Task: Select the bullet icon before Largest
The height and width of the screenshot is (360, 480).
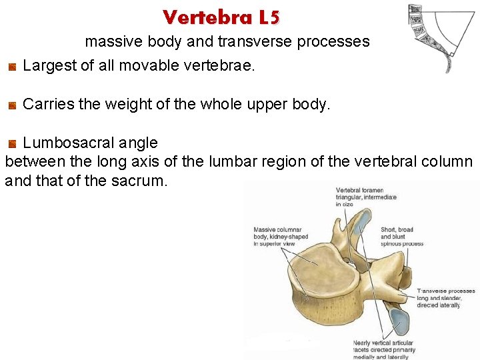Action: pyautogui.click(x=12, y=67)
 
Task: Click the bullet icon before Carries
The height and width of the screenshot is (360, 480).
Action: pyautogui.click(x=12, y=105)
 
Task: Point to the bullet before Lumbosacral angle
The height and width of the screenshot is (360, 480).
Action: pyautogui.click(x=12, y=143)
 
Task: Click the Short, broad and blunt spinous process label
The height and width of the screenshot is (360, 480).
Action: pyautogui.click(x=402, y=237)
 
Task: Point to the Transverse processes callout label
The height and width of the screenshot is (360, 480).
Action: pyautogui.click(x=446, y=298)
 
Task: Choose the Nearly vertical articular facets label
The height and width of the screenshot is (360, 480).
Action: pyautogui.click(x=385, y=347)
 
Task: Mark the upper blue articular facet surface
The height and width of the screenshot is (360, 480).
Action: pyautogui.click(x=359, y=224)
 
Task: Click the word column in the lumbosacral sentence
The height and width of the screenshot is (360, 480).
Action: pyautogui.click(x=450, y=162)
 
